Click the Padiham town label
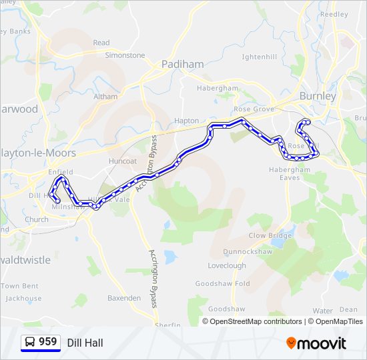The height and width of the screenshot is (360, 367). coord(182,65)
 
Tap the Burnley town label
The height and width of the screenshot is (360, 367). coord(318,97)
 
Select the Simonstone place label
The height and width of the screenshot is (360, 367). coord(125,55)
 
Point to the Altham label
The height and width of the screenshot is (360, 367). coord(105,97)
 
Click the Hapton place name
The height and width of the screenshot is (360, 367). coord(186,121)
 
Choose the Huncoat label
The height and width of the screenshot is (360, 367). coord(121,161)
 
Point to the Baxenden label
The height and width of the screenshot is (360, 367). coord(124,298)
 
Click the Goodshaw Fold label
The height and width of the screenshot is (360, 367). coord(222,284)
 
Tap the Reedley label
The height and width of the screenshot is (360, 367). coord(334,14)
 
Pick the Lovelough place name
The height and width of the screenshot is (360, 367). coord(226,265)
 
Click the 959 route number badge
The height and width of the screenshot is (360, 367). coord(41,343)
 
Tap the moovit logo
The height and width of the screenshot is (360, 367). coord(316,343)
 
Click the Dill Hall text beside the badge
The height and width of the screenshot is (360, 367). coord(85,343)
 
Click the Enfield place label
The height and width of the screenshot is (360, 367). coord(61,172)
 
